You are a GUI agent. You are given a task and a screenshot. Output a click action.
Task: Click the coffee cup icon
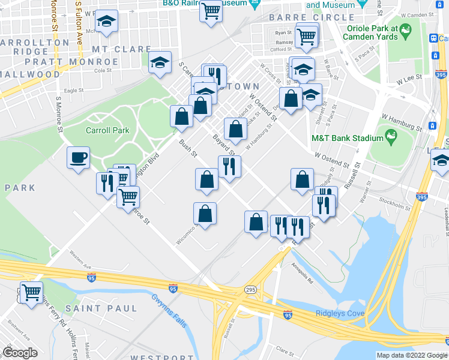coord(78,158)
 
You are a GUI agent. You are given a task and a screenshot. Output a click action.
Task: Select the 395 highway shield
coord(422,196)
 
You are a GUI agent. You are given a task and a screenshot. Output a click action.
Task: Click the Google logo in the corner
coord(20,353)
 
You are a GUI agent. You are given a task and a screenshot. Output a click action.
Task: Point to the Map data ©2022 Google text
coord(411,355)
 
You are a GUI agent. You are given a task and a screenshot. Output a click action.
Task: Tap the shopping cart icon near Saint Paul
coord(31,292)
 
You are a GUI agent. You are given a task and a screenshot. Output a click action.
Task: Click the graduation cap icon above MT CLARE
coord(107,21)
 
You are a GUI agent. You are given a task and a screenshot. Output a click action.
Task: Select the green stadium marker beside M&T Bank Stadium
coord(391,137)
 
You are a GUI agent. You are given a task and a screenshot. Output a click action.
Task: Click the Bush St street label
coord(188,148)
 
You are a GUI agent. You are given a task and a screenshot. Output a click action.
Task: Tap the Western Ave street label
coord(79,262)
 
